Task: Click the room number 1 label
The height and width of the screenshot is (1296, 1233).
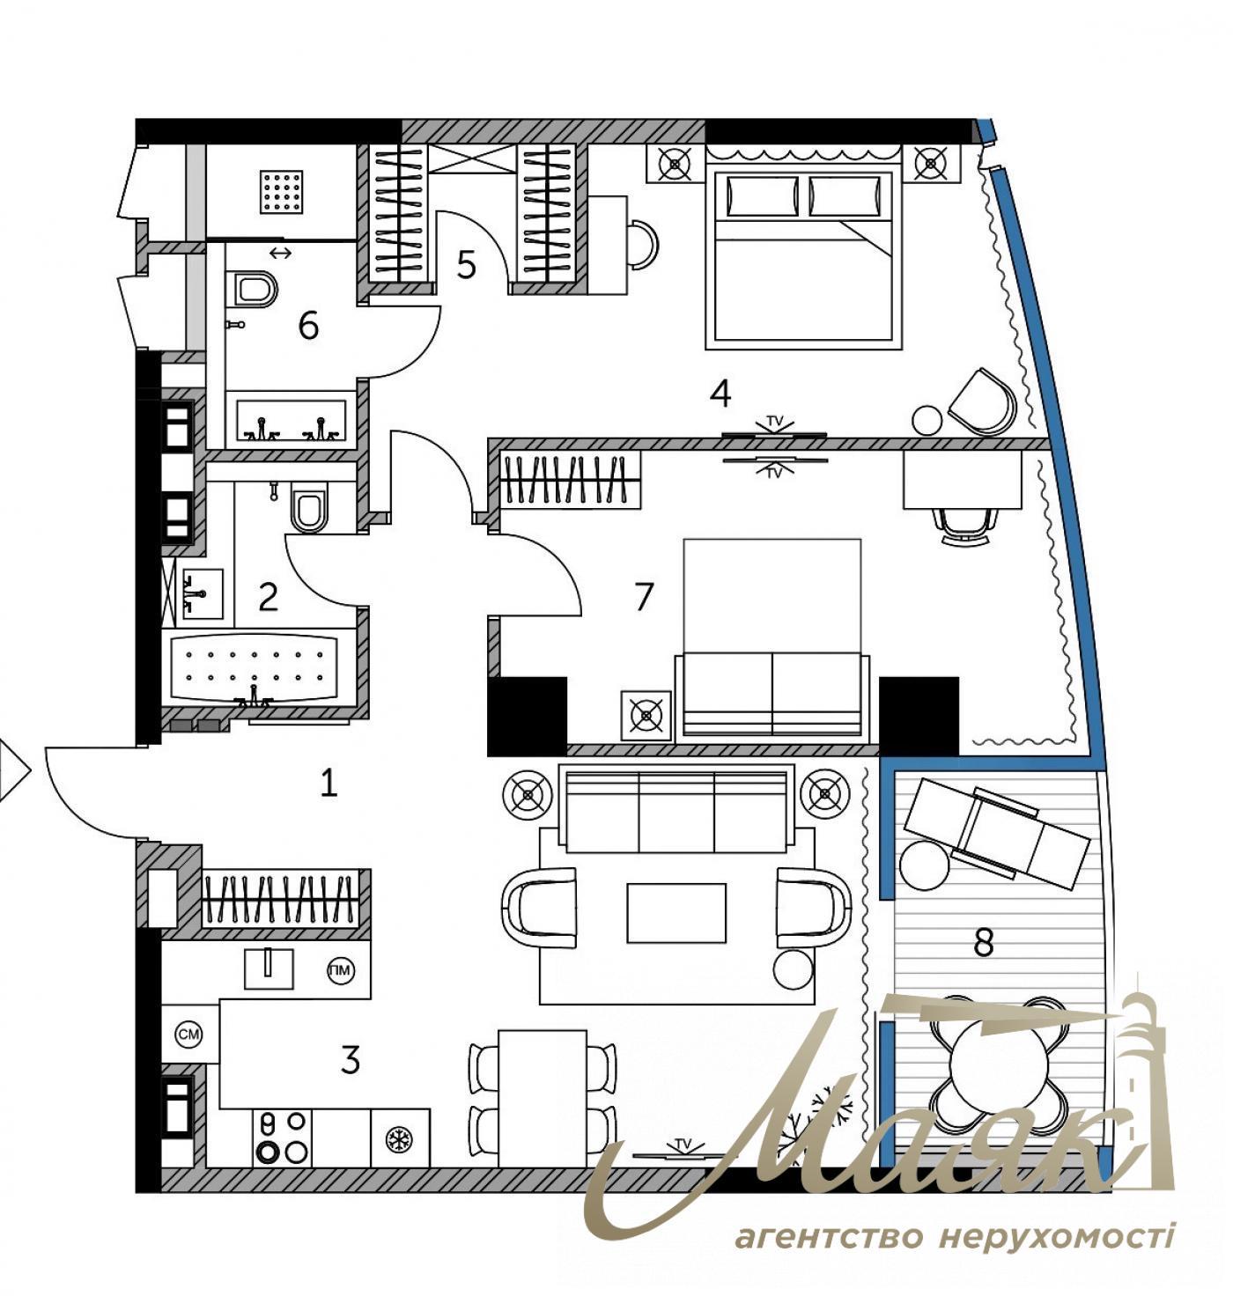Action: click(329, 783)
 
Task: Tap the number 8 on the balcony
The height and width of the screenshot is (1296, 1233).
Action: click(984, 943)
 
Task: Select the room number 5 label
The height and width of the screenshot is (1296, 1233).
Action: click(466, 264)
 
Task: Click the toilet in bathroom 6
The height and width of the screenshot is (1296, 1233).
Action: click(256, 289)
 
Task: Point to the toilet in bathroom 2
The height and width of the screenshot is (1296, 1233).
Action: click(308, 510)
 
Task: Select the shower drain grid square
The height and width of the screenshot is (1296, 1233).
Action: click(284, 190)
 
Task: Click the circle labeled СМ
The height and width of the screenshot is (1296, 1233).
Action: click(188, 1035)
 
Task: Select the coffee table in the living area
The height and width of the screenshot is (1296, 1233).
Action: click(676, 913)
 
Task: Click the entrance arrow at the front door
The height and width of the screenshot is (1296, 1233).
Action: click(12, 771)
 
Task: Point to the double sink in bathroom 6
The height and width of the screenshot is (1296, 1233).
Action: click(291, 422)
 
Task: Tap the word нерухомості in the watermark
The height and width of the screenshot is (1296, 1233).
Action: click(1057, 1237)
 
